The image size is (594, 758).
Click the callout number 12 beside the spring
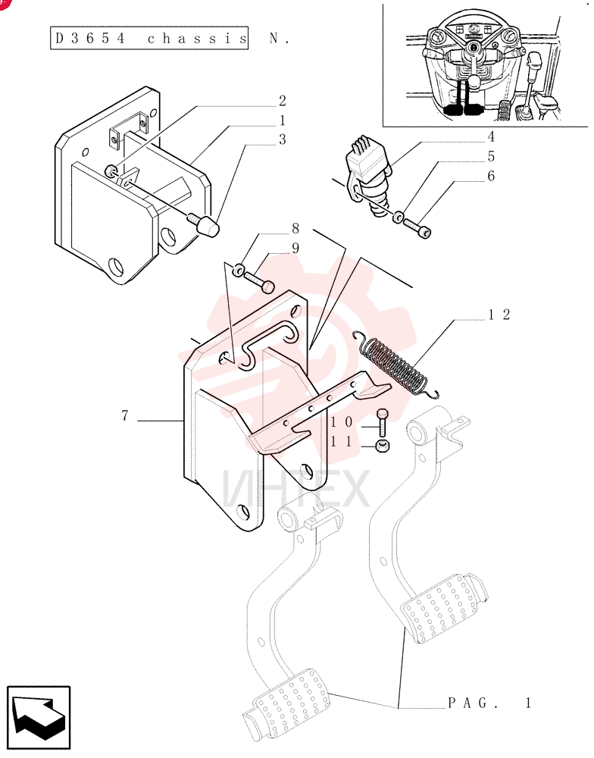(499, 315)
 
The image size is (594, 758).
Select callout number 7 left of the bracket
(125, 415)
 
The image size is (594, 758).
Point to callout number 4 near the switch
(491, 136)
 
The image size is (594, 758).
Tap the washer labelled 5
(398, 217)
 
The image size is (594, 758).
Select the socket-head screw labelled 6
(418, 229)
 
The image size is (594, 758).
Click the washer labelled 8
(239, 269)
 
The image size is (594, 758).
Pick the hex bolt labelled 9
(259, 282)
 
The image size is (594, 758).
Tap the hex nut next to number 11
(383, 445)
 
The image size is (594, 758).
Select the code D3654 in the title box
(90, 38)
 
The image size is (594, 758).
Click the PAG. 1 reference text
(489, 703)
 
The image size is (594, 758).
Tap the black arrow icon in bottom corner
(39, 717)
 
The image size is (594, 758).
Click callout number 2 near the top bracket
(283, 101)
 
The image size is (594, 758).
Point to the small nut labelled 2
(110, 171)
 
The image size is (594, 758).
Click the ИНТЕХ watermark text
(295, 489)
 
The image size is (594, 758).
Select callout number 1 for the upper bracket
(283, 121)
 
